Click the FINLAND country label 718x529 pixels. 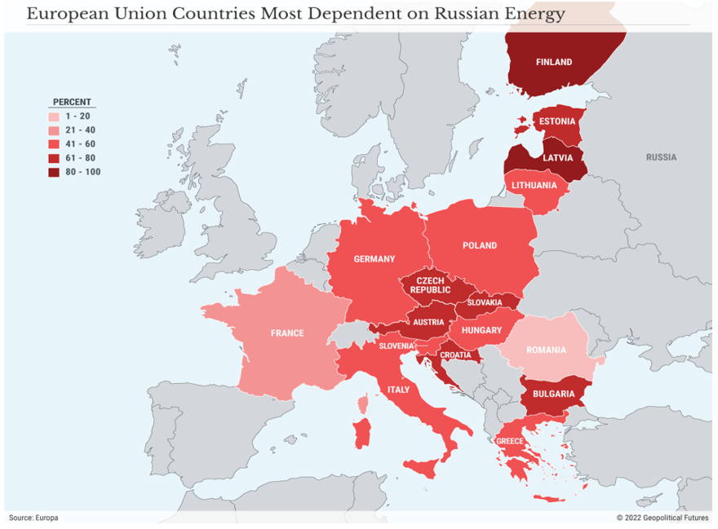point(554,62)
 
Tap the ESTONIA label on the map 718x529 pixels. point(557,121)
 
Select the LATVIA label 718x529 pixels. point(558,157)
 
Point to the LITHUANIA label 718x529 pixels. point(534,185)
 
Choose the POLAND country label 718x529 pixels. point(480,245)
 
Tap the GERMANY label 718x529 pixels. point(374,259)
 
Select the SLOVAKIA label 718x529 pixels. point(485,302)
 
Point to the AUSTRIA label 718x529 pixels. point(428,322)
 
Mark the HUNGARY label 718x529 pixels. point(481,330)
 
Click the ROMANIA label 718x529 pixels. point(546,350)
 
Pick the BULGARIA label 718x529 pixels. point(554,395)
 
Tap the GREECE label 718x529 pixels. point(510,442)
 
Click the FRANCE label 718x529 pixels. point(287,333)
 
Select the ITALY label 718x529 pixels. point(399,390)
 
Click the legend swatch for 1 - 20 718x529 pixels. point(54,117)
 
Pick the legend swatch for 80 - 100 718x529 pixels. point(54,172)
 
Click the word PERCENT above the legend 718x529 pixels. point(72,102)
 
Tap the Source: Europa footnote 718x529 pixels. point(33,518)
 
